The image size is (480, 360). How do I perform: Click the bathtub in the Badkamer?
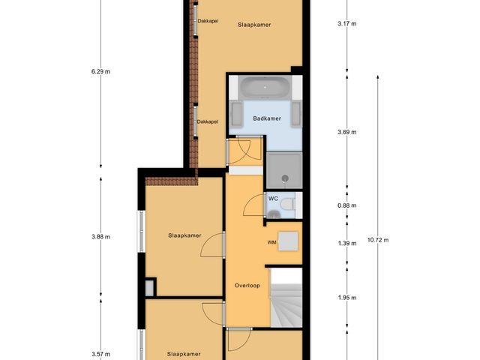[x=265, y=88]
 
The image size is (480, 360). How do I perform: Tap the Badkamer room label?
[x=266, y=119]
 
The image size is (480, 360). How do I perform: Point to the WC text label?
[x=273, y=199]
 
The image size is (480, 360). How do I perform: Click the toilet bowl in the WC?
[x=274, y=215]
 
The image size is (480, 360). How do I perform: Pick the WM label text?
[x=271, y=243]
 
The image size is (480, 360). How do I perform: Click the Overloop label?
[x=246, y=286]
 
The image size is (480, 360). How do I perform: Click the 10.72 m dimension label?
[x=378, y=240]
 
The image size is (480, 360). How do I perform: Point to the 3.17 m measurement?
[x=347, y=24]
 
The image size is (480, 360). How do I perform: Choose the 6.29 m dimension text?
[x=100, y=72]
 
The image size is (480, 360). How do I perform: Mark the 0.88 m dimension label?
[x=347, y=205]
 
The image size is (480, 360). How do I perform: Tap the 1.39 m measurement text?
[x=347, y=244]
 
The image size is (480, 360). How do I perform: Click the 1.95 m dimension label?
[x=347, y=298]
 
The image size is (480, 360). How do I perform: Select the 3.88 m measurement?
[x=100, y=237]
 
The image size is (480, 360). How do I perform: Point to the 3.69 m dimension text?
[x=347, y=132]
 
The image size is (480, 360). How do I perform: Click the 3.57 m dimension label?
[x=100, y=354]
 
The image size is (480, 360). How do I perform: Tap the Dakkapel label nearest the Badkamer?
[x=207, y=121]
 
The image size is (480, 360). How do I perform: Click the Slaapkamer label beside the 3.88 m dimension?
[x=184, y=235]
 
